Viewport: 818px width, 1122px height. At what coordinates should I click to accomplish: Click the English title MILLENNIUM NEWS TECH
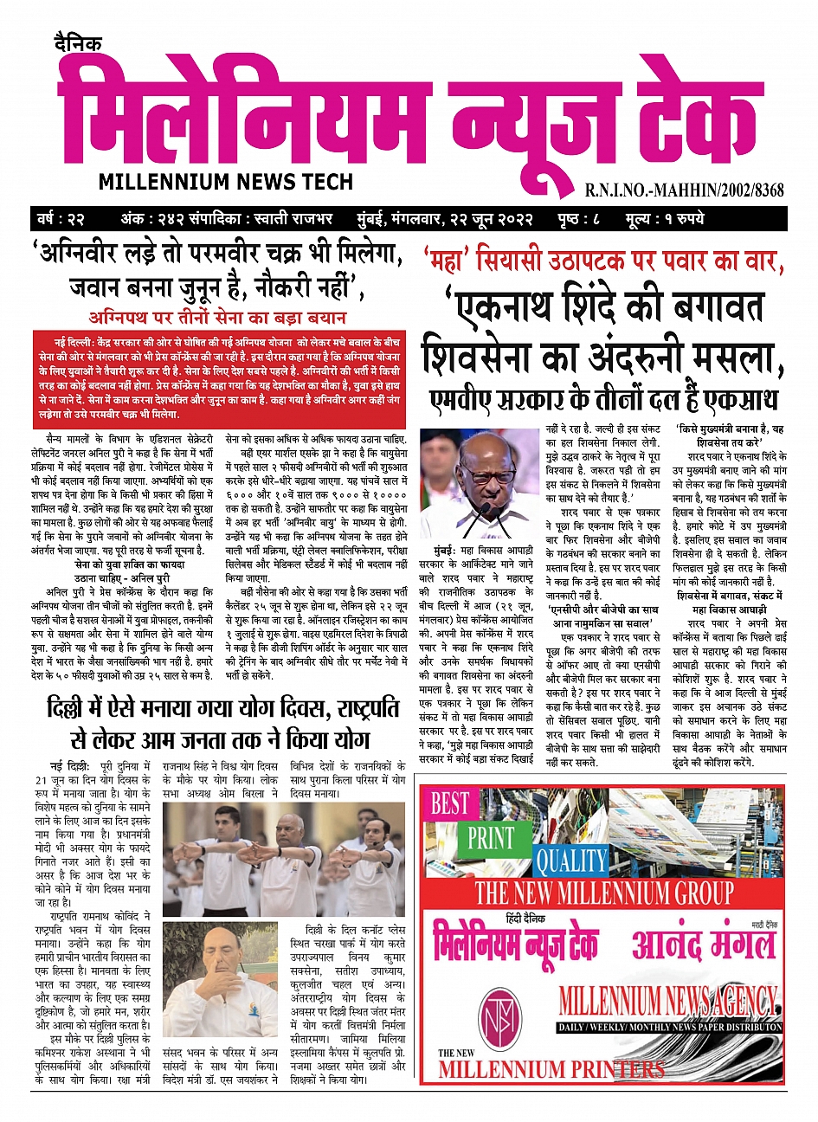pos(226,182)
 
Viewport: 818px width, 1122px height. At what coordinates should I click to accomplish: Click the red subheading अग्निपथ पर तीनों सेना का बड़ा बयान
pos(218,317)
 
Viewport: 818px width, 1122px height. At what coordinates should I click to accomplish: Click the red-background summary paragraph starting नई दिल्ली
pos(218,377)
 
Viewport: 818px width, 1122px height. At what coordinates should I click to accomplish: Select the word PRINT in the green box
pos(491,838)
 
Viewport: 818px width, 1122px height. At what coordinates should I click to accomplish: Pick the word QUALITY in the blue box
pos(570,861)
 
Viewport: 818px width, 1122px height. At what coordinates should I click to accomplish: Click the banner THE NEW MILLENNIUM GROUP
pos(603,893)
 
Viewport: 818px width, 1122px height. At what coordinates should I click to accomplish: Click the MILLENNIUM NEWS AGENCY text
pos(668,1003)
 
